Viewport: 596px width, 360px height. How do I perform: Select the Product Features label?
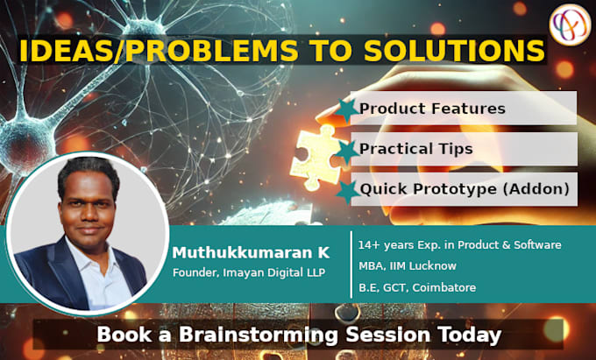432,109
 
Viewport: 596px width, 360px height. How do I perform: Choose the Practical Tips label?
415,149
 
